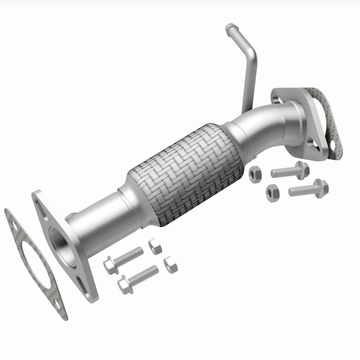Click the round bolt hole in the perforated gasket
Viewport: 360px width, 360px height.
pyautogui.click(x=333, y=146)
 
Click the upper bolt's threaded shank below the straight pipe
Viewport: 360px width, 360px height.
pyautogui.click(x=131, y=256)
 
